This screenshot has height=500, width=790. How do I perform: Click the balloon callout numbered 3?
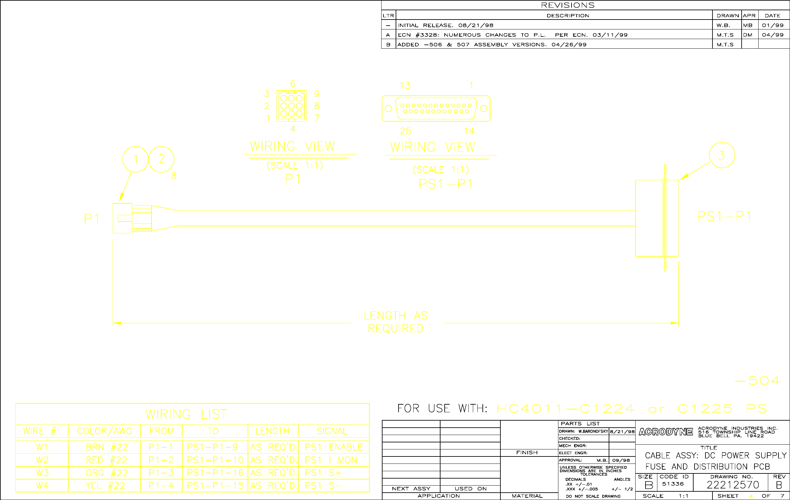[722, 156]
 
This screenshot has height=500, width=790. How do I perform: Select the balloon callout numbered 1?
[136, 159]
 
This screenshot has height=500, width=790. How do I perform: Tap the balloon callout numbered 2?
[161, 159]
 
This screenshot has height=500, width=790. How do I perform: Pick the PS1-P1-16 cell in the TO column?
[215, 473]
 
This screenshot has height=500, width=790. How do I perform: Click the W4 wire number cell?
[42, 486]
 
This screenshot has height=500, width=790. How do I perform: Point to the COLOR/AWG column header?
[104, 431]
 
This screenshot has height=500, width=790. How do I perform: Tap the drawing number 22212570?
[733, 485]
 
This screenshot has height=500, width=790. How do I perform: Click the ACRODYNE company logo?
[666, 432]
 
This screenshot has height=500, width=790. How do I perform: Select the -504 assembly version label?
[757, 381]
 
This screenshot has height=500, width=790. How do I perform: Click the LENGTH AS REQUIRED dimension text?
[396, 322]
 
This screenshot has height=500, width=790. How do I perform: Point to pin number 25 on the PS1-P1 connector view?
[406, 131]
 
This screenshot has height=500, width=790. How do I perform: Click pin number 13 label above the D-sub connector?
[405, 86]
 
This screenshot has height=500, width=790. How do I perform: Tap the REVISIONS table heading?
[568, 5]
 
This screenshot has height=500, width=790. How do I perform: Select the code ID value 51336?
[673, 484]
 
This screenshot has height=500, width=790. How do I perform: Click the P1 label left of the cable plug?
[92, 219]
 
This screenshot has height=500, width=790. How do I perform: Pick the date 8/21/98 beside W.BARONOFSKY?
[622, 431]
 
